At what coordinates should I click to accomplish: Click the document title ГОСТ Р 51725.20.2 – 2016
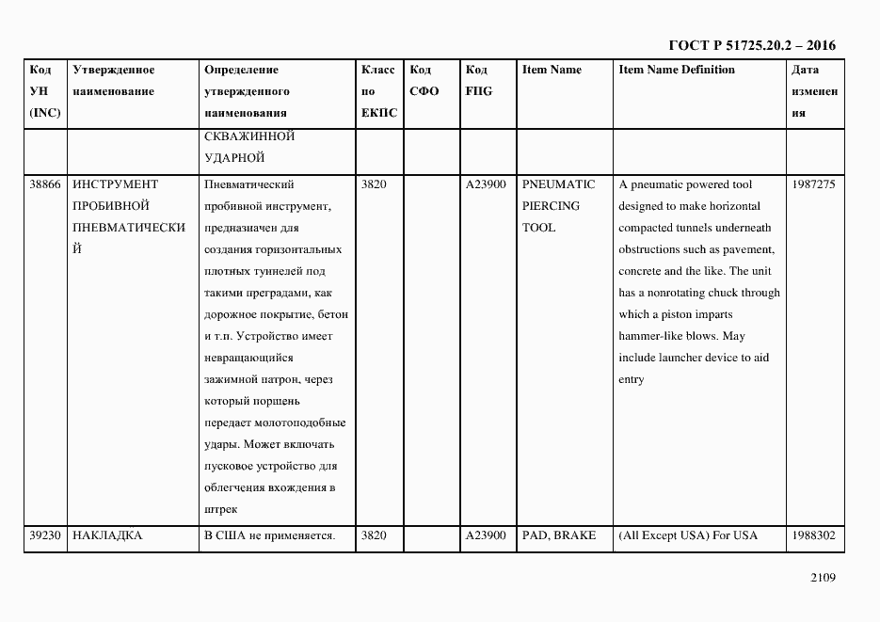751,44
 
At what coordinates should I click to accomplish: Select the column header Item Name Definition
677,70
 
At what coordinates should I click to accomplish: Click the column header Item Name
552,70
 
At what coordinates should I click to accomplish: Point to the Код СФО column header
424,81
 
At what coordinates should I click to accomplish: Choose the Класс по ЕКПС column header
378,91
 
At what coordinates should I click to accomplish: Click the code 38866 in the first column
45,184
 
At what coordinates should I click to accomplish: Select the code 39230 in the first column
45,535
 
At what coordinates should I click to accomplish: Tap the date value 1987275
813,184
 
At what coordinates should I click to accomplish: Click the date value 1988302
813,535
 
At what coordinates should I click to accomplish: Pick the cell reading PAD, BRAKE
559,535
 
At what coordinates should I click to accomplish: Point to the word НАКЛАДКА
107,535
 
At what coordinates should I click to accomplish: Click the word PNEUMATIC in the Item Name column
559,184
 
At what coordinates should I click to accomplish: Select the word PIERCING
551,206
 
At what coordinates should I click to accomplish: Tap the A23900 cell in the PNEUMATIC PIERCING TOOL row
486,184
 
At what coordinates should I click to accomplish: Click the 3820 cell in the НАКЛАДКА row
374,535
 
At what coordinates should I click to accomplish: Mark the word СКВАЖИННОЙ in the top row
248,136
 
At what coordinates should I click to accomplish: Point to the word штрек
220,509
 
